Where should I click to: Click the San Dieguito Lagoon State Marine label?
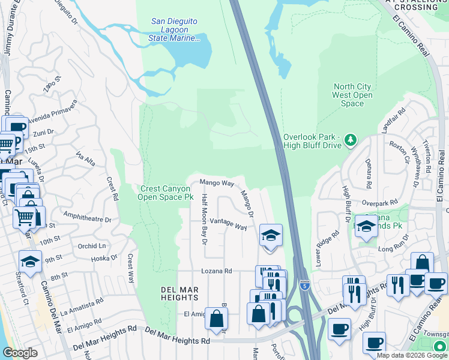point(174,30)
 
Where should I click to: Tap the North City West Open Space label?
point(352,95)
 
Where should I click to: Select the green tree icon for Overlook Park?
point(351,140)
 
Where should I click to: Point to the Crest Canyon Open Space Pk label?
point(166,193)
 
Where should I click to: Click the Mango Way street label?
point(216,182)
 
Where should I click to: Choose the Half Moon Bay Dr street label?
point(205,219)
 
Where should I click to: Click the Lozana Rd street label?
point(216,271)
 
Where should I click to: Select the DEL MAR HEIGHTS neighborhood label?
point(180,293)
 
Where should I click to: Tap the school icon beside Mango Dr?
point(271,235)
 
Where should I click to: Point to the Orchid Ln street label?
point(91,246)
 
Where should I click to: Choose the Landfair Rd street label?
point(393,121)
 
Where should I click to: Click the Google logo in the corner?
point(20,353)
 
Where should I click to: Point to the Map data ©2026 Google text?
point(412,355)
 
